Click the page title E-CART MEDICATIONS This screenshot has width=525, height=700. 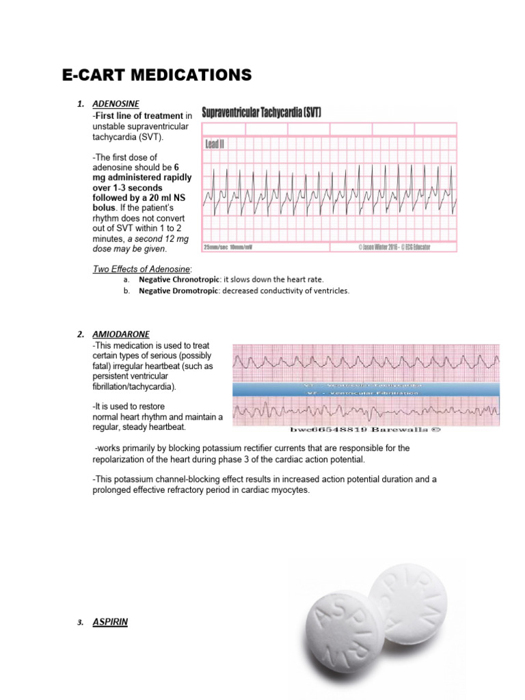pyautogui.click(x=157, y=75)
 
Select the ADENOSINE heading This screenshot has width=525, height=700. pyautogui.click(x=116, y=104)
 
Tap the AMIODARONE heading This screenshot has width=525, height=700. pyautogui.click(x=120, y=334)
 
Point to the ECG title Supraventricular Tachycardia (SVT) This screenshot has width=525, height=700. pyautogui.click(x=262, y=112)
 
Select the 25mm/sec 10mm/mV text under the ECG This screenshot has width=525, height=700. pyautogui.click(x=228, y=247)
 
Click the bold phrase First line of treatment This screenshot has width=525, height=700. pyautogui.click(x=139, y=116)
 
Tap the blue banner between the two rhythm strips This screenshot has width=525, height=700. pyautogui.click(x=366, y=390)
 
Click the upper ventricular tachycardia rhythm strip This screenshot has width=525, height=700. pyautogui.click(x=366, y=362)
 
